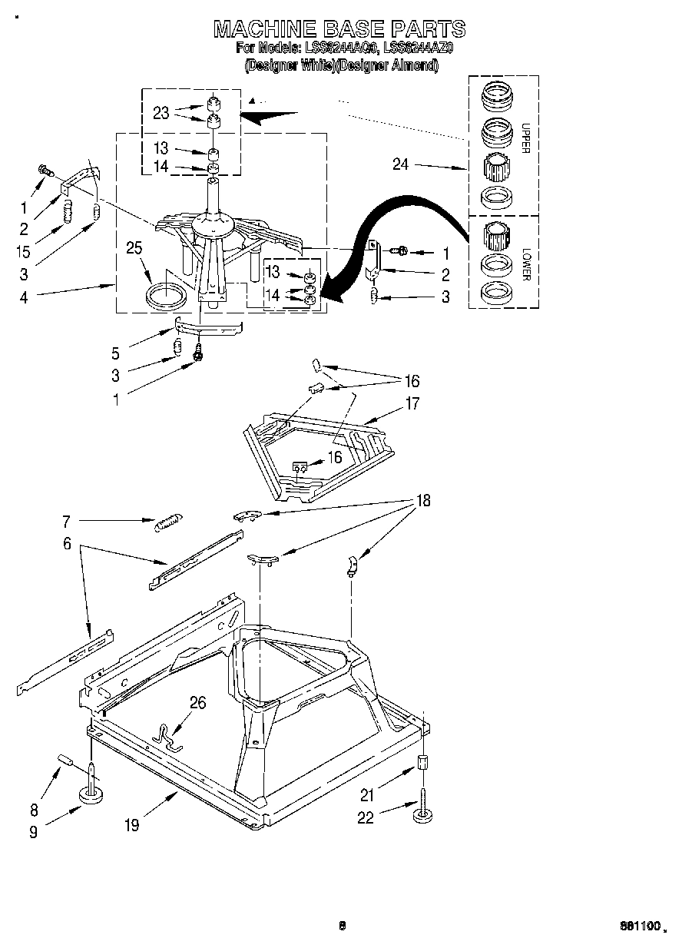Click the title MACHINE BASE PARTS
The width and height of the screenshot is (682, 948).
pyautogui.click(x=339, y=29)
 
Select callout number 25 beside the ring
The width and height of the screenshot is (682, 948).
pyautogui.click(x=135, y=247)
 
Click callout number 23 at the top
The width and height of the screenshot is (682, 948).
pyautogui.click(x=161, y=113)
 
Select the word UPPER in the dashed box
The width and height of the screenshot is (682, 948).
pyautogui.click(x=526, y=138)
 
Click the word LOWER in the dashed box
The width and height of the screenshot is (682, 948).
pyautogui.click(x=526, y=263)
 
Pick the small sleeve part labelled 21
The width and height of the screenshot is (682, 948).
pyautogui.click(x=422, y=762)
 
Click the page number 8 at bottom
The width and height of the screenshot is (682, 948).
pyautogui.click(x=342, y=926)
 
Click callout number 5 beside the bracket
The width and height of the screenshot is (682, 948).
pyautogui.click(x=115, y=354)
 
